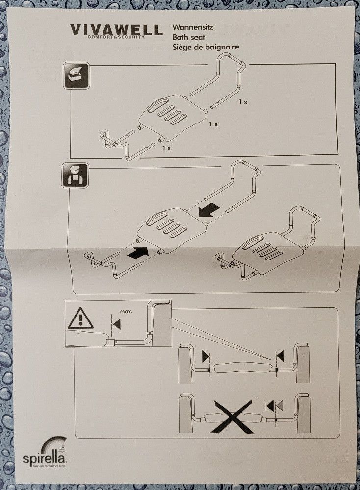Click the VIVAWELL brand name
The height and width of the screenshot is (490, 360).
116,29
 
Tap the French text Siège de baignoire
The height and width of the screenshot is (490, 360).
205,47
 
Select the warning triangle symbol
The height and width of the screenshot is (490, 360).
80,319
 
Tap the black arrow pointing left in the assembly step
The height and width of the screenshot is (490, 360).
208,210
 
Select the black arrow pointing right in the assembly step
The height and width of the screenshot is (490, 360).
138,254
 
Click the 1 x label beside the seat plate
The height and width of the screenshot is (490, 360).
213,124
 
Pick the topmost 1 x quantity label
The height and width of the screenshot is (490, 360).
243,102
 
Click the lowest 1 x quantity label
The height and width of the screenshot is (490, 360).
167,148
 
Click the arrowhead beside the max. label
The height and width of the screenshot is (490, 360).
116,324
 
